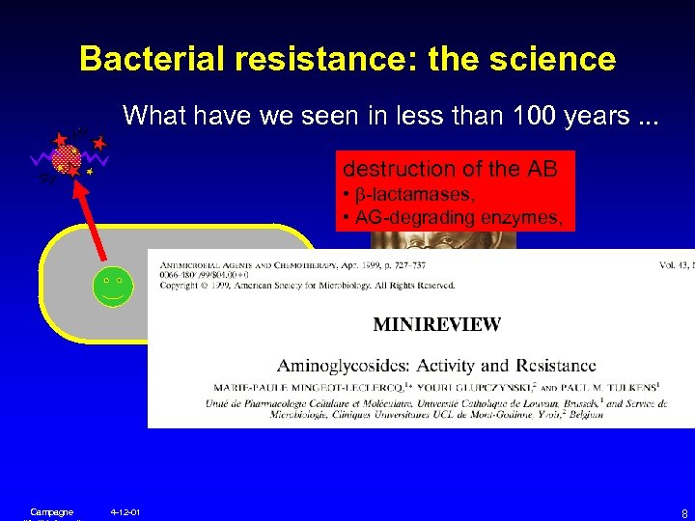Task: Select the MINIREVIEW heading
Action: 436,324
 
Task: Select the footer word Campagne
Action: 51,511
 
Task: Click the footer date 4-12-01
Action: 125,511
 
